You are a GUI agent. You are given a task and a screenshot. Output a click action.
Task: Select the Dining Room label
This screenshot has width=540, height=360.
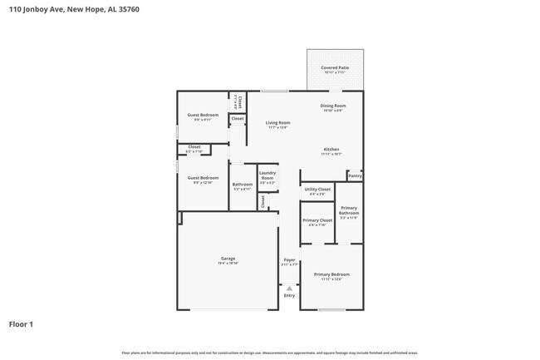pyautogui.click(x=333, y=107)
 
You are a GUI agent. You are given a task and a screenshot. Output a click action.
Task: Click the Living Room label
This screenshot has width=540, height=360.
pyautogui.click(x=277, y=125)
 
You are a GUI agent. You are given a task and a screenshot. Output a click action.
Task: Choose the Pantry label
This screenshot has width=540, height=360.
pyautogui.click(x=355, y=175)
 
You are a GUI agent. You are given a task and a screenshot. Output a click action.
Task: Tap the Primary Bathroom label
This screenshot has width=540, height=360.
pyautogui.click(x=349, y=212)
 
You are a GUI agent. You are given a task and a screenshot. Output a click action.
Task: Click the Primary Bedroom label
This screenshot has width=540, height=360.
pyautogui.click(x=331, y=276)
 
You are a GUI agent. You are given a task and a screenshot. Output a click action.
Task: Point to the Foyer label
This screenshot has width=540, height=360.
pyautogui.click(x=289, y=262)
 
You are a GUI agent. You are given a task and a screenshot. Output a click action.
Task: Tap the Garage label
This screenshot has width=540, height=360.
pyautogui.click(x=228, y=260)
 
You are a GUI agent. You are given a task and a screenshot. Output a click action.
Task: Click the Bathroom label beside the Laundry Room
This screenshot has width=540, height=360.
pyautogui.click(x=243, y=186)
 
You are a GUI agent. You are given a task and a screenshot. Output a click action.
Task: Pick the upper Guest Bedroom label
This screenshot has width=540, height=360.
pyautogui.click(x=203, y=116)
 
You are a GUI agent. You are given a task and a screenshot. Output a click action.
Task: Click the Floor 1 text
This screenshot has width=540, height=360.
pyautogui.click(x=21, y=323)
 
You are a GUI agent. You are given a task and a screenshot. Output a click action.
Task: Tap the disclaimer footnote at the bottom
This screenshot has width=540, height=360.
pyautogui.click(x=269, y=353)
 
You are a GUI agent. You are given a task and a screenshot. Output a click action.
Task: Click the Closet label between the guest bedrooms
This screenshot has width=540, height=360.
pyautogui.click(x=194, y=149)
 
